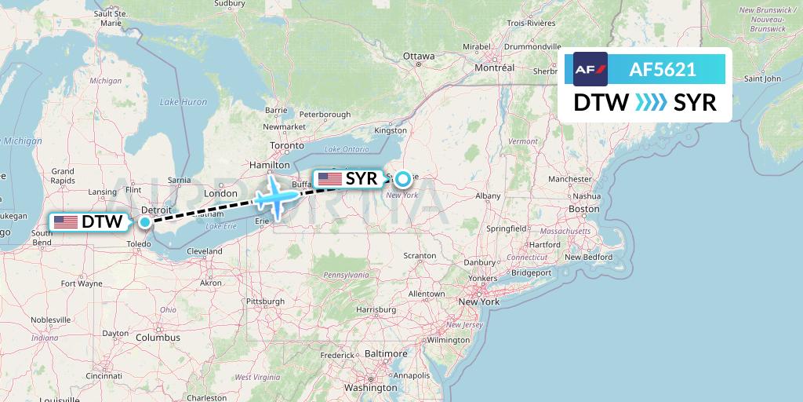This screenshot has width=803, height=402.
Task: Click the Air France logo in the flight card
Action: [x=590, y=69]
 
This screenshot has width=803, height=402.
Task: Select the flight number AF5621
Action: [x=663, y=69]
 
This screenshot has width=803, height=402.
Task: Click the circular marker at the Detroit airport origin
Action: [x=145, y=222]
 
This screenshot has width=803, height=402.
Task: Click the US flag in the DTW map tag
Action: [x=65, y=222]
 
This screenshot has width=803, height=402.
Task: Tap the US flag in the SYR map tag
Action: [x=329, y=179]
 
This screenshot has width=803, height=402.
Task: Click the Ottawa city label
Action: [x=418, y=57]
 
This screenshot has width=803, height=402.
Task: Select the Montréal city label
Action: [x=494, y=68]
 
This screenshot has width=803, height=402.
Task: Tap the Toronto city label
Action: [x=286, y=146]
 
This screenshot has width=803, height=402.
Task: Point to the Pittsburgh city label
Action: [x=264, y=301]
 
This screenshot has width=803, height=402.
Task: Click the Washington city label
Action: [x=371, y=388]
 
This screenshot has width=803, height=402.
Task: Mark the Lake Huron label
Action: [x=183, y=102]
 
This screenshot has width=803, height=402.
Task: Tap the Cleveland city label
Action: [x=205, y=251]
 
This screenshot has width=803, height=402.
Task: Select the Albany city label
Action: [x=488, y=196]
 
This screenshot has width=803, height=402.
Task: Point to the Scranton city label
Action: [x=420, y=256]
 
